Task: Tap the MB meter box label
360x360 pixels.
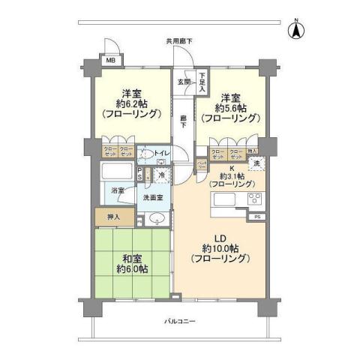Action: [109, 60]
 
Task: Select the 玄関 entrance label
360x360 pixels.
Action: [183, 81]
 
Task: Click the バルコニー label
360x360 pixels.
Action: [181, 322]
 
